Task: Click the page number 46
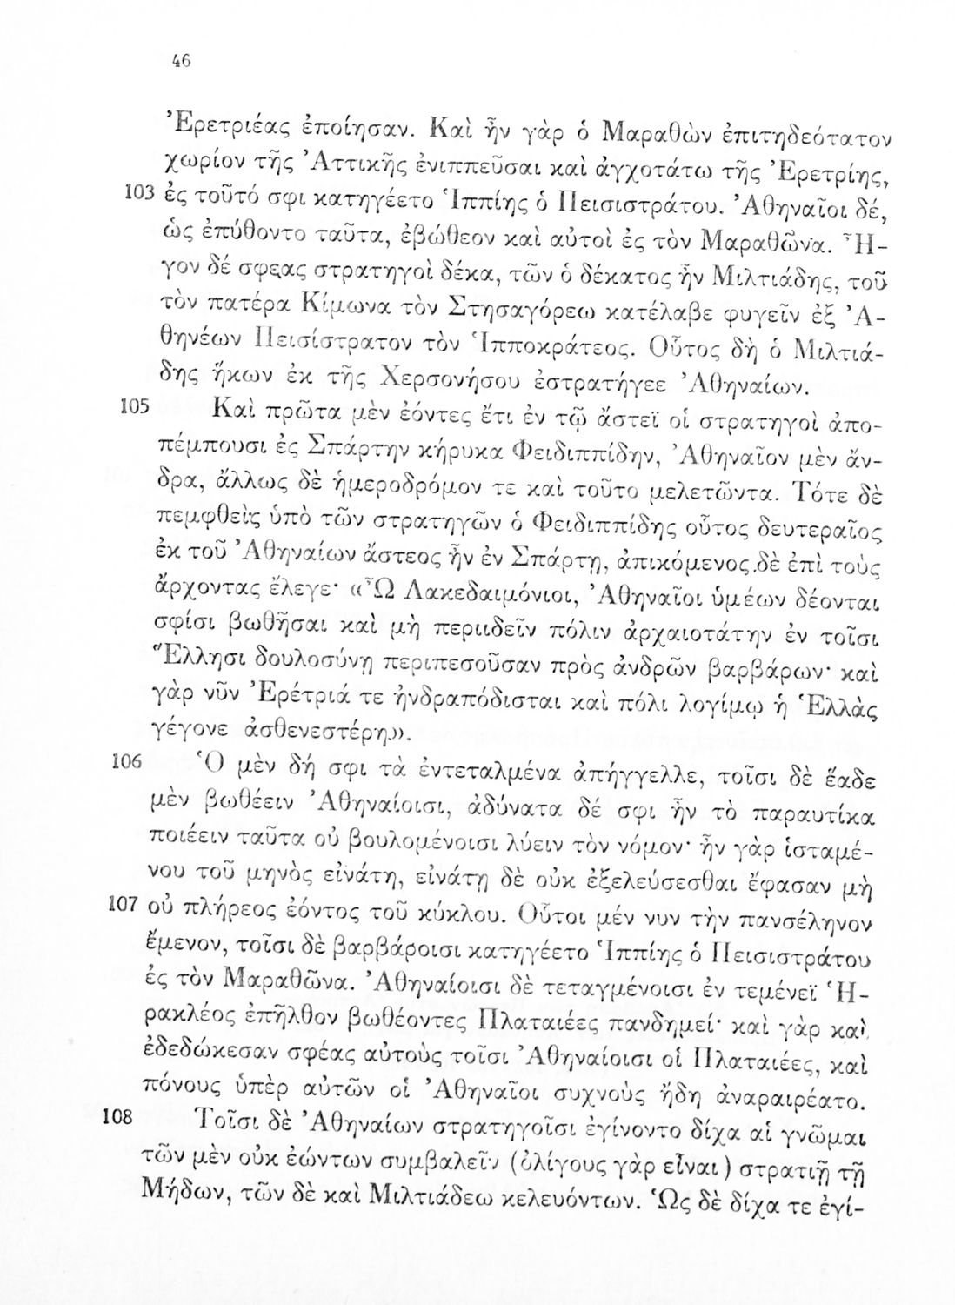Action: pyautogui.click(x=181, y=63)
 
